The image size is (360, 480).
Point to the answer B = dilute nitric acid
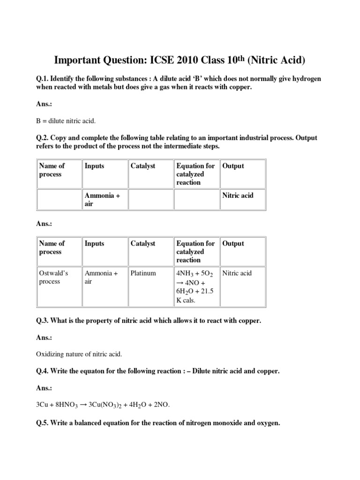click(66, 121)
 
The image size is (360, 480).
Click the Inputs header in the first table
click(95, 166)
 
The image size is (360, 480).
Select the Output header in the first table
click(233, 166)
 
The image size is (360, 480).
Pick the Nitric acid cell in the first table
click(238, 195)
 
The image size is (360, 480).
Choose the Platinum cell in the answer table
click(143, 273)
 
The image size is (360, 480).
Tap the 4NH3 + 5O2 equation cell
click(195, 286)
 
